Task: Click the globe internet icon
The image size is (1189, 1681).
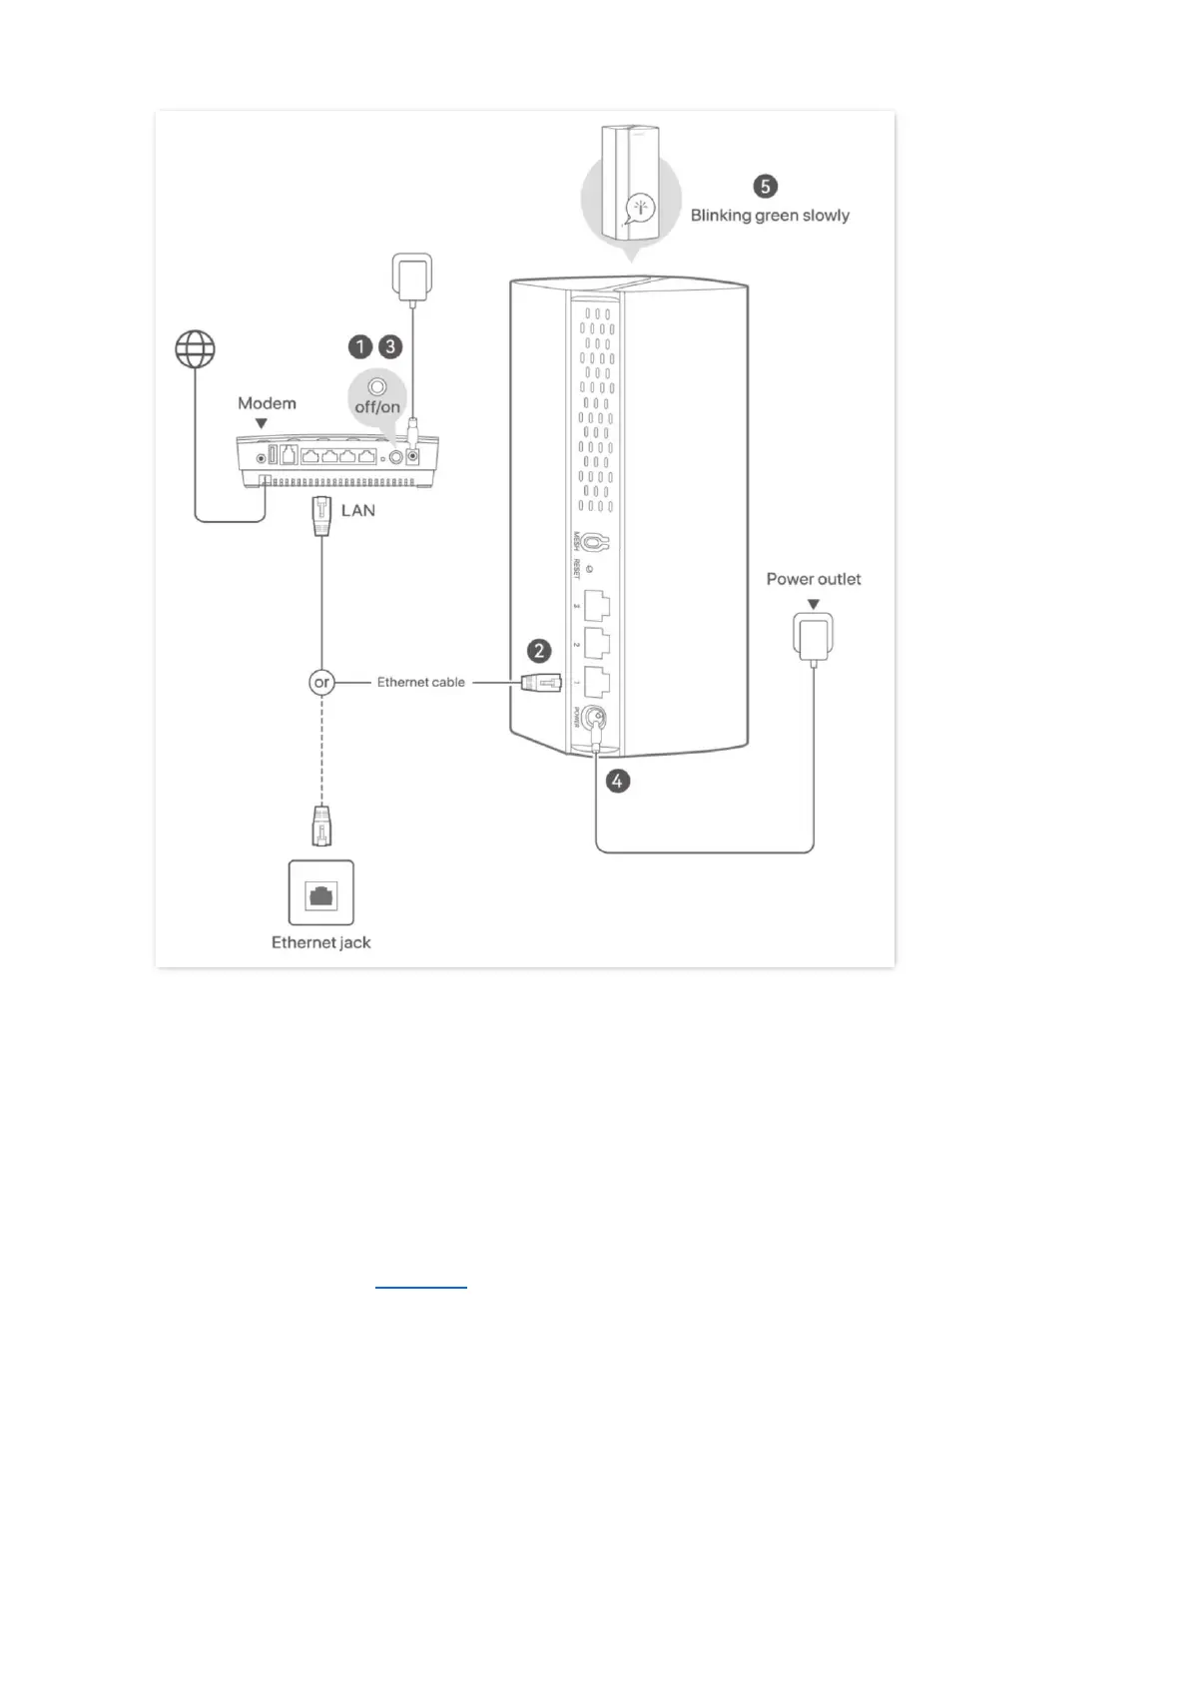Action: [195, 349]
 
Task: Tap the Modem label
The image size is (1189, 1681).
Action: [267, 403]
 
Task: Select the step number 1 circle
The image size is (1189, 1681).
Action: [359, 346]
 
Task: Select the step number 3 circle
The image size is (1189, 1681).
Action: [390, 346]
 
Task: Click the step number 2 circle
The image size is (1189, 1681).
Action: [539, 651]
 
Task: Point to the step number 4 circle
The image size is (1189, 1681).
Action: [617, 781]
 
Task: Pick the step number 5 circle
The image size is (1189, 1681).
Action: [765, 186]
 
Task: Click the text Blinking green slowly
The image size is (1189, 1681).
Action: [770, 216]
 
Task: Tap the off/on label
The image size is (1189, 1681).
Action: [377, 407]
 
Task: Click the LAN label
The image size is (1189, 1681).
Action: [358, 510]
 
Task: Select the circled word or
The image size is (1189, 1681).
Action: [321, 683]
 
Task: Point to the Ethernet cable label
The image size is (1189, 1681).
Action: [420, 683]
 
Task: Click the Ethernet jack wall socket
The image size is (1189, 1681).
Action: [321, 893]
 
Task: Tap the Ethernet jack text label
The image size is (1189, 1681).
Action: [320, 942]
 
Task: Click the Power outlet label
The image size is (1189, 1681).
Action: [813, 579]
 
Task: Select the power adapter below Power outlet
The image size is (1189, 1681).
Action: [813, 637]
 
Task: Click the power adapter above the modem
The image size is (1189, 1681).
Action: [412, 276]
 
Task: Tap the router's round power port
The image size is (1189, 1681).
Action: [597, 718]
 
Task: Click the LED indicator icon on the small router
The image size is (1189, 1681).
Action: [639, 209]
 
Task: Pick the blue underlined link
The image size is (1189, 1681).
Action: [420, 1287]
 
